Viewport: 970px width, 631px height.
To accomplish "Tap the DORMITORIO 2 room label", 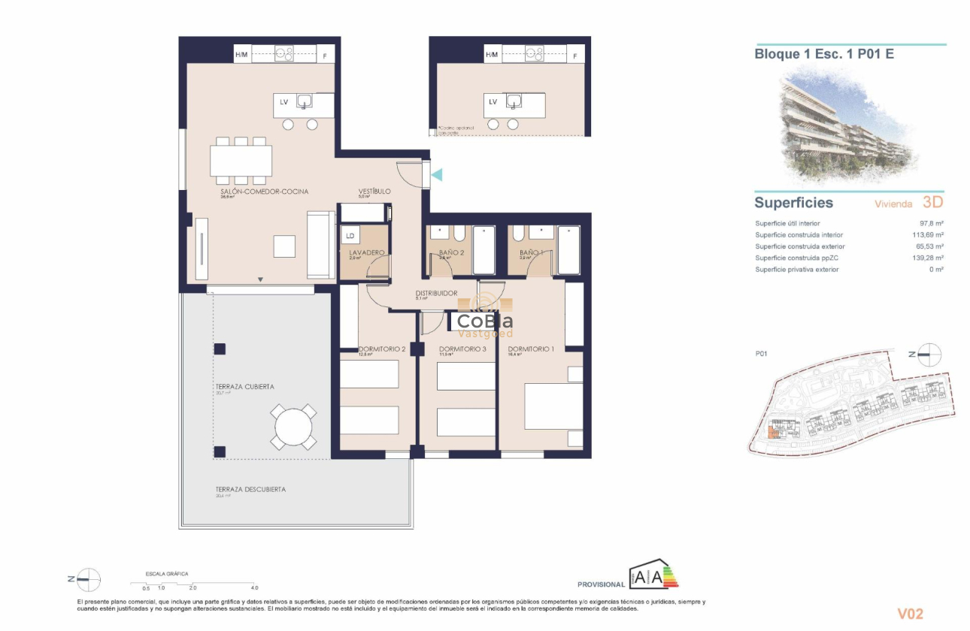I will [382, 349].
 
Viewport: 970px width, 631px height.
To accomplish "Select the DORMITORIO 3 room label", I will [462, 349].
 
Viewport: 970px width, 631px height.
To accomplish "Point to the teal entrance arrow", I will [437, 174].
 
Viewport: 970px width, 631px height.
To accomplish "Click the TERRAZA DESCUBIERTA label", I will [250, 489].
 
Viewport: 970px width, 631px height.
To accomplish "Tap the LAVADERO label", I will [367, 252].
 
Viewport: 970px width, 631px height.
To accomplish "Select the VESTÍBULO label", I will [374, 192].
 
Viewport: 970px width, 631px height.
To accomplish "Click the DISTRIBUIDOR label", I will [436, 293].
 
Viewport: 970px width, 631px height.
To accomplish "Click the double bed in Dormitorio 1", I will [553, 406].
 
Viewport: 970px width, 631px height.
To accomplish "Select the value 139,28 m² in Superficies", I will [928, 258].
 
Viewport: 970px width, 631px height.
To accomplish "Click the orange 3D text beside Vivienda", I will [932, 202].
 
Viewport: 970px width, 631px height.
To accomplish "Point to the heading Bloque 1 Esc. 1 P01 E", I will [824, 54].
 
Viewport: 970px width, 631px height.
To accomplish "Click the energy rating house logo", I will [653, 575].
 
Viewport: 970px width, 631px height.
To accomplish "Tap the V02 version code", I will [910, 614].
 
